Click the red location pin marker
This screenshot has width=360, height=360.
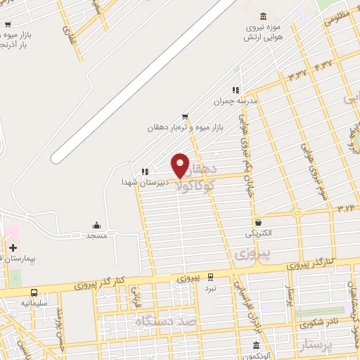click(180, 165)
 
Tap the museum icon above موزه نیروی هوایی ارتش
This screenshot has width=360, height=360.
click(263, 17)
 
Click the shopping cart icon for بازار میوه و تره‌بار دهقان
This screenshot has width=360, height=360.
click(185, 116)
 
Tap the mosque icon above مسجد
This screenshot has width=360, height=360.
click(96, 225)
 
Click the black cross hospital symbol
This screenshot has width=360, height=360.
click(13, 247)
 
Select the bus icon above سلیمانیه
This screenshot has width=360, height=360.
click(34, 292)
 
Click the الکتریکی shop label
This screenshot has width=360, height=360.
click(259, 232)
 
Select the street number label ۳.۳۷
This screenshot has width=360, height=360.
click(296, 75)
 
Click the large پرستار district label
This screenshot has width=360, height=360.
click(298, 347)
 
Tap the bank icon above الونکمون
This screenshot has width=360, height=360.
click(256, 345)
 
